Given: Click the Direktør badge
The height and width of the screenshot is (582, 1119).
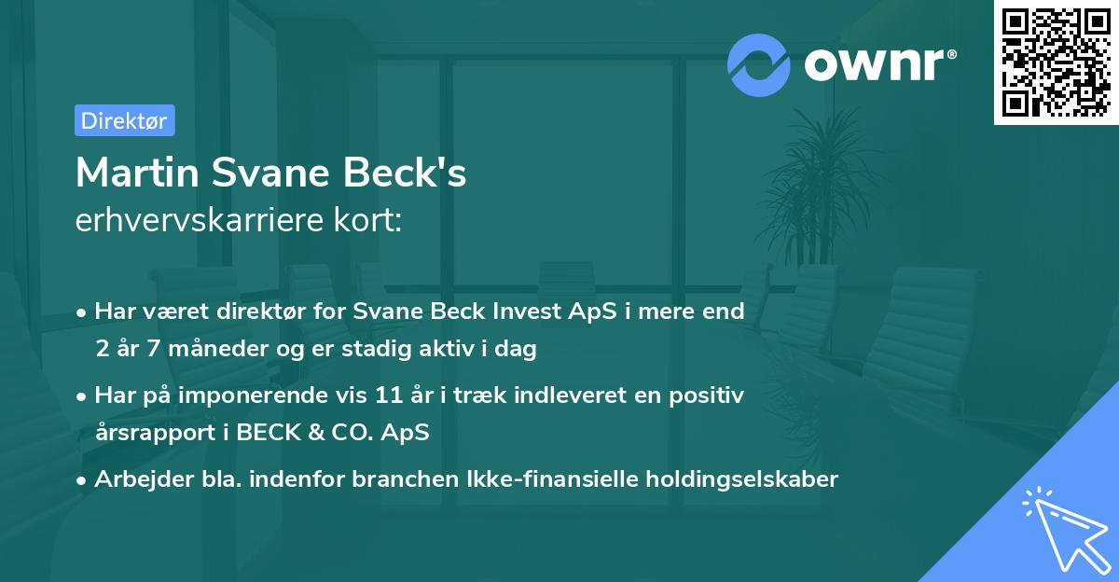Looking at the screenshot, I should [x=124, y=120].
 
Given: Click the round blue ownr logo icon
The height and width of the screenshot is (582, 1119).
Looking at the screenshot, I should [x=760, y=63].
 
